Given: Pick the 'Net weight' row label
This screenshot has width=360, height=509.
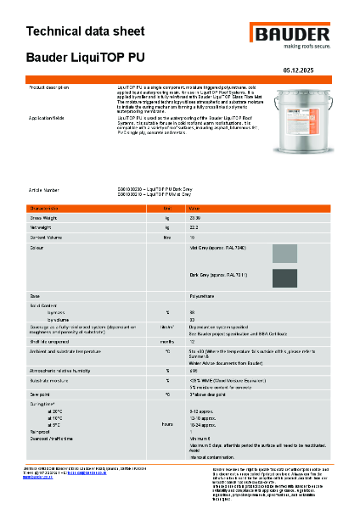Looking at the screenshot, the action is (x=42, y=227).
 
